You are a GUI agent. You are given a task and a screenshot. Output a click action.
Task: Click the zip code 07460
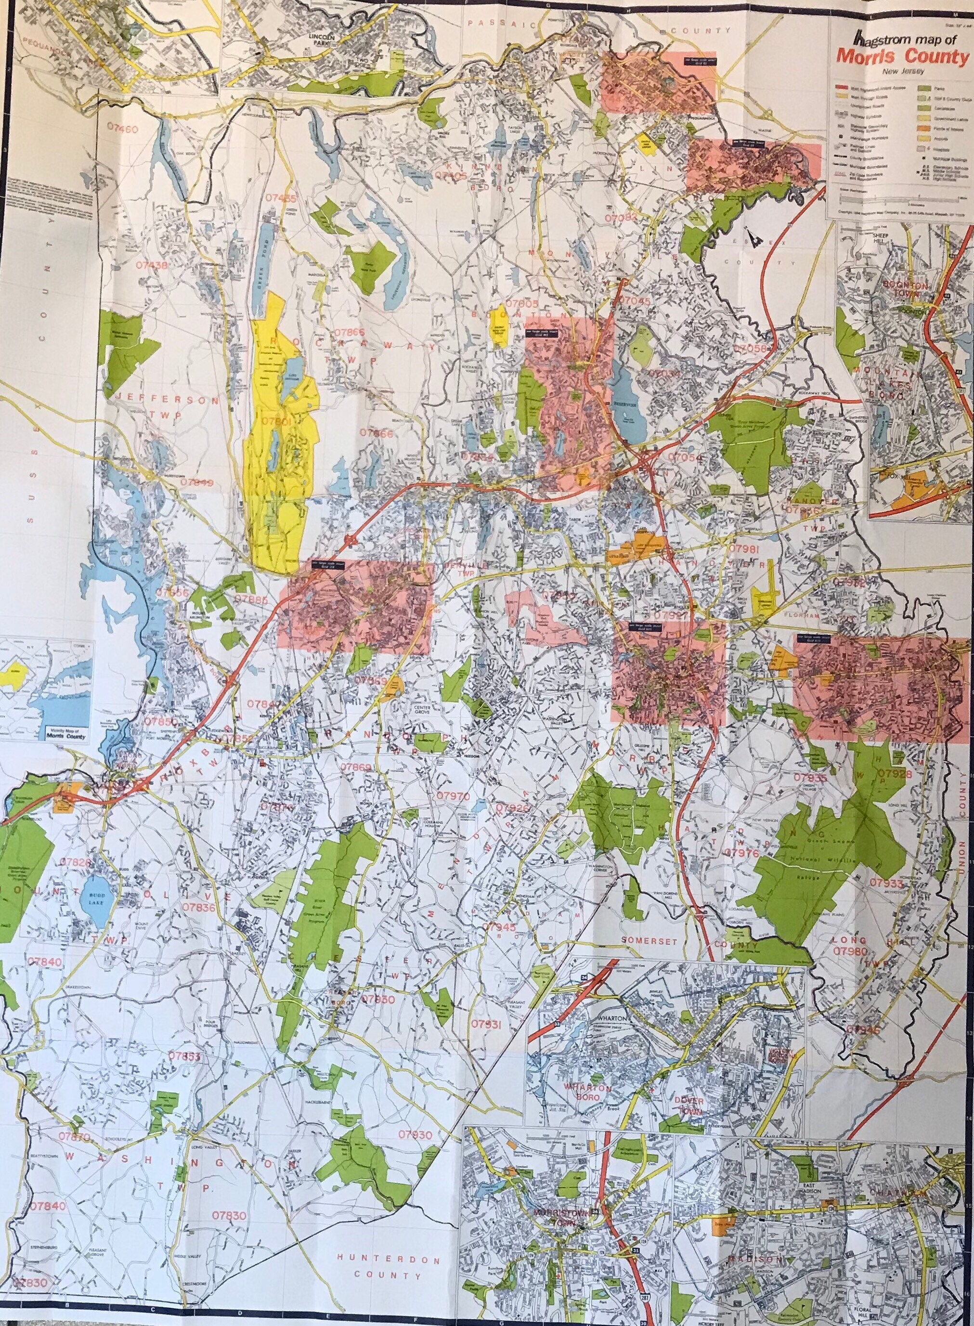coord(119,128)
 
